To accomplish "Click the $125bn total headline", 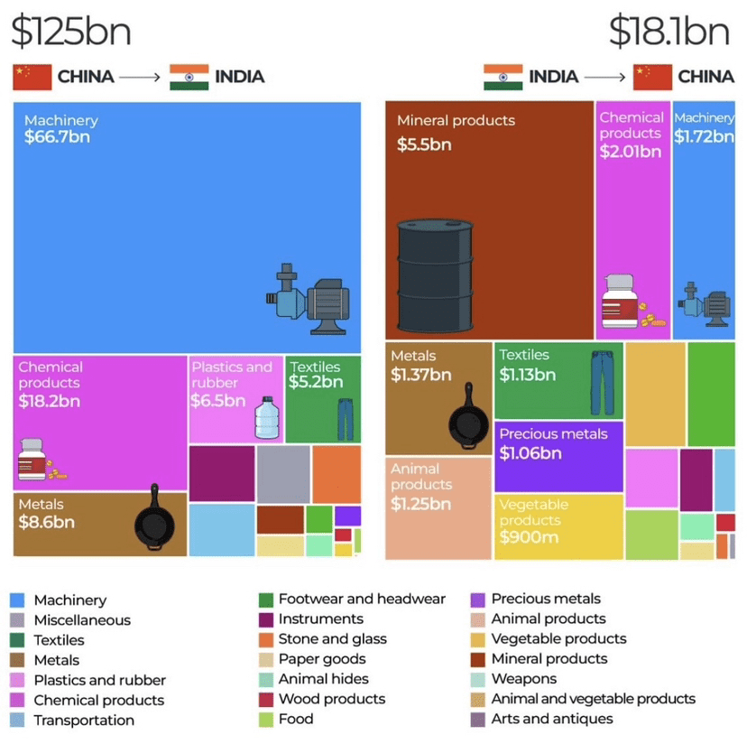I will pyautogui.click(x=71, y=31).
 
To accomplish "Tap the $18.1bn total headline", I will pyautogui.click(x=669, y=31).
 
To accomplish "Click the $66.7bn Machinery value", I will pyautogui.click(x=57, y=137).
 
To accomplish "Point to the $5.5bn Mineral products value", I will pyautogui.click(x=424, y=144).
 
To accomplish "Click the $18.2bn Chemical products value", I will pyautogui.click(x=49, y=400).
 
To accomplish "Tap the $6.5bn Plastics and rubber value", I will pyautogui.click(x=217, y=400).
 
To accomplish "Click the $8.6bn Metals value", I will pyautogui.click(x=46, y=522).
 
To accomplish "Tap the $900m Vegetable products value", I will pyautogui.click(x=529, y=537).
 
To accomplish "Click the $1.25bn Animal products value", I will pyautogui.click(x=420, y=504).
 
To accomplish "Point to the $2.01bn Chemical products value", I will pyautogui.click(x=631, y=152).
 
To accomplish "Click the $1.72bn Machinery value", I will pyautogui.click(x=704, y=136).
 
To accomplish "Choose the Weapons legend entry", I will pyautogui.click(x=523, y=679).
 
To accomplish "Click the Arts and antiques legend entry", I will pyautogui.click(x=551, y=719).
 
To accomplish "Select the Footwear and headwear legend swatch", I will pyautogui.click(x=265, y=599).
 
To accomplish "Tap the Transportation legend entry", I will pyautogui.click(x=84, y=720).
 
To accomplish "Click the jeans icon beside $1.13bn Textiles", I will pyautogui.click(x=601, y=383).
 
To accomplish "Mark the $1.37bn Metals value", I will pyautogui.click(x=420, y=375).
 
